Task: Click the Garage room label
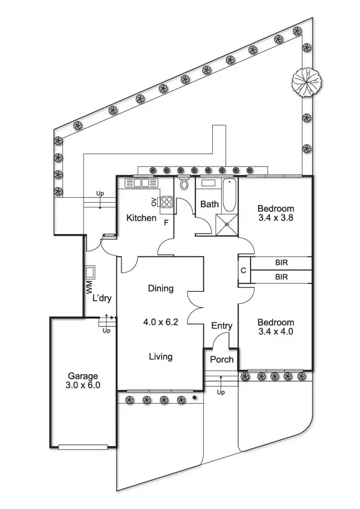(x=83, y=376)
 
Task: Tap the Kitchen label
(x=141, y=218)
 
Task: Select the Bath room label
(x=209, y=204)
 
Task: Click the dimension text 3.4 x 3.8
(x=275, y=217)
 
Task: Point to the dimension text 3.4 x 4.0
(x=275, y=332)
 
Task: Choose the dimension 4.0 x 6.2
(x=161, y=322)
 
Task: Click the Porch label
(x=221, y=359)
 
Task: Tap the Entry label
(x=222, y=326)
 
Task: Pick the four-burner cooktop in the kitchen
(x=166, y=202)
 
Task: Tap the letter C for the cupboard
(x=243, y=271)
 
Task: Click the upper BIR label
(x=282, y=262)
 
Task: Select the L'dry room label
(x=101, y=299)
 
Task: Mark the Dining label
(x=161, y=288)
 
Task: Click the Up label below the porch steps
(x=221, y=392)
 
